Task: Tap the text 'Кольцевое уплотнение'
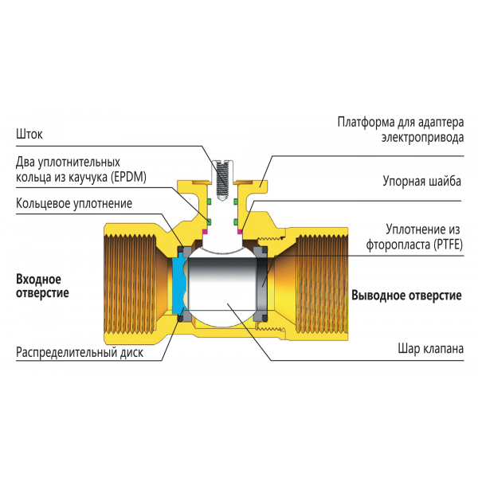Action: pyautogui.click(x=73, y=203)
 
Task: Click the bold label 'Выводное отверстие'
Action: pyautogui.click(x=406, y=296)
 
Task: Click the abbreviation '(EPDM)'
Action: pyautogui.click(x=132, y=175)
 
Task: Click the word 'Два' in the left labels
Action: pyautogui.click(x=26, y=161)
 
